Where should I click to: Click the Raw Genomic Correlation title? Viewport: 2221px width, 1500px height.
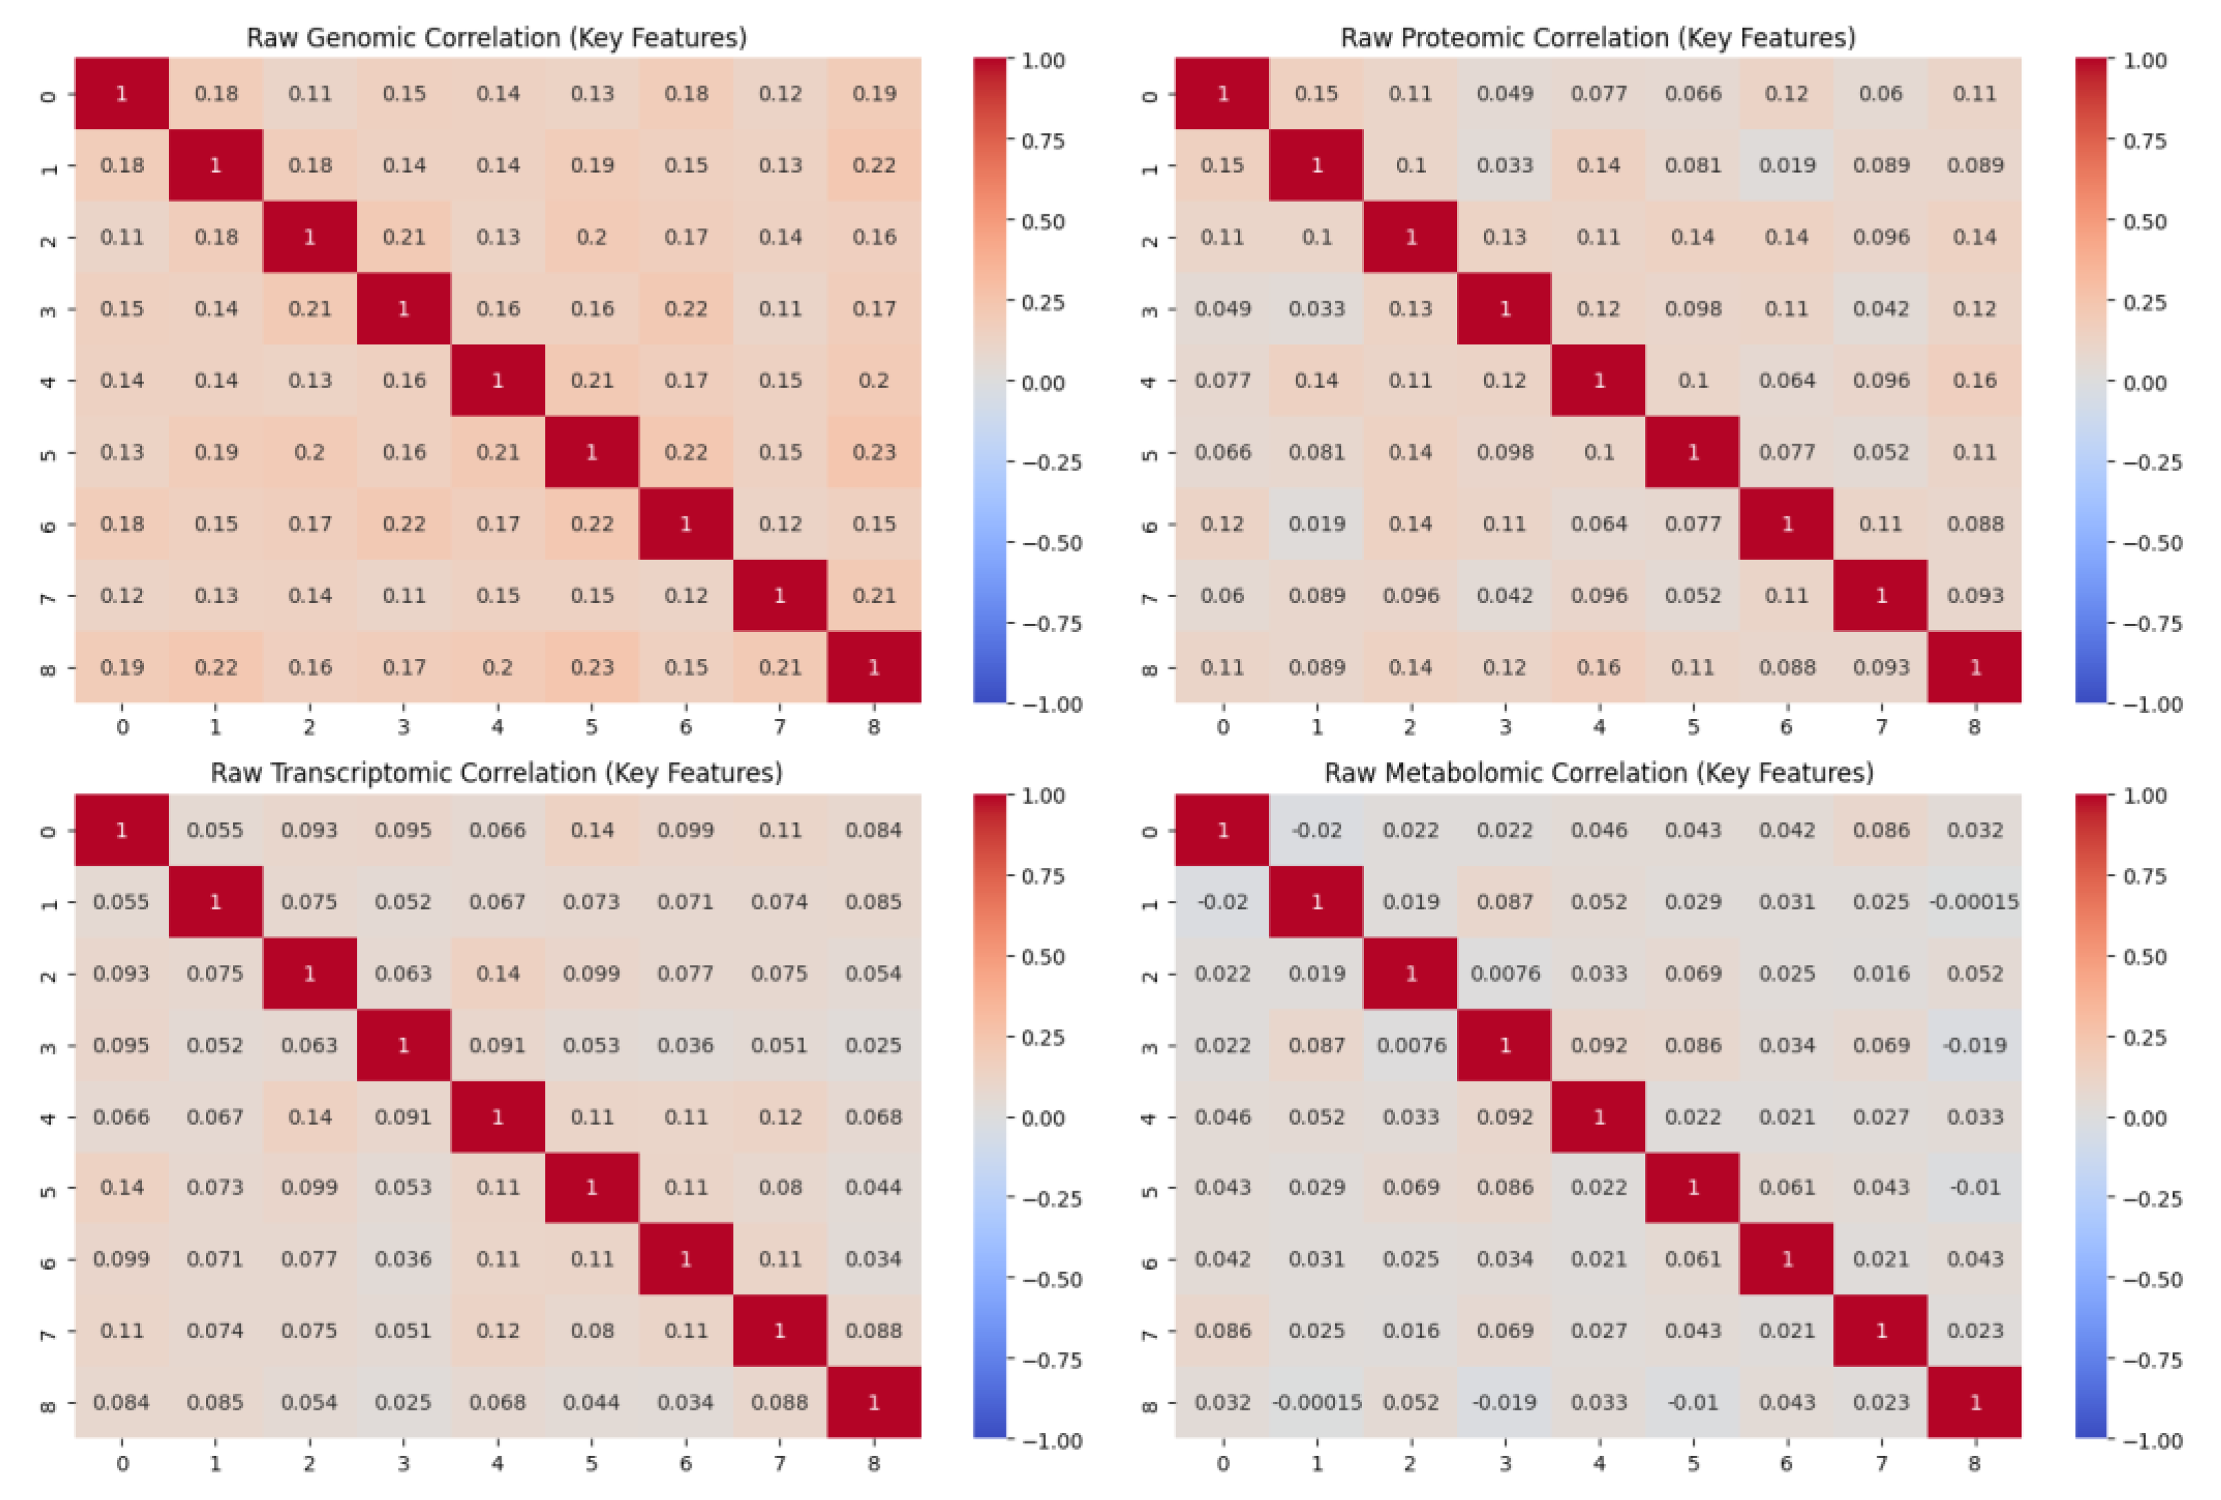[x=496, y=37]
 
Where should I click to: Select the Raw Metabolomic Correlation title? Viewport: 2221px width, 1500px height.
[x=1598, y=773]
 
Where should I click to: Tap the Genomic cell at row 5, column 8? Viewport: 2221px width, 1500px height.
[x=874, y=452]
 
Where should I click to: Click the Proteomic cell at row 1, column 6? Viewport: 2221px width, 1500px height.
[x=1786, y=165]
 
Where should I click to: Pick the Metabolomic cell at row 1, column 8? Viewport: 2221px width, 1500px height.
[x=1974, y=902]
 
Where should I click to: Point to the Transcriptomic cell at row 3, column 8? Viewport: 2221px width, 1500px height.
[x=874, y=1045]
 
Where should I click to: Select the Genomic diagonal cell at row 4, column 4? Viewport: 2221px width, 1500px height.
[x=497, y=381]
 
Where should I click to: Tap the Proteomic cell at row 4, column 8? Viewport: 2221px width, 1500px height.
[x=1974, y=381]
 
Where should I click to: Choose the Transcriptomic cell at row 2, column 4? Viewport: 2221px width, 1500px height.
[x=497, y=973]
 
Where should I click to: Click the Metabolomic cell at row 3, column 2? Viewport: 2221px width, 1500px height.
[x=1411, y=1045]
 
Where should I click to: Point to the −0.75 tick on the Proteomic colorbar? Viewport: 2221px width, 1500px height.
[x=2150, y=623]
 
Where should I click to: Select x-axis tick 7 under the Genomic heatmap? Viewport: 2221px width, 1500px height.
[x=780, y=727]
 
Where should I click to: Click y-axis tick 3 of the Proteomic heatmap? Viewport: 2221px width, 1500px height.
[x=1150, y=310]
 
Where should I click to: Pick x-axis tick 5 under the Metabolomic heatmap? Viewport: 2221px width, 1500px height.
[x=1693, y=1463]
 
